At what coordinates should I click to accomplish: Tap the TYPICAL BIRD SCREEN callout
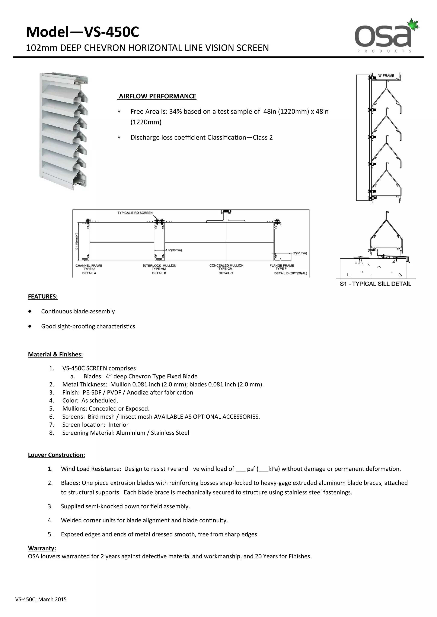(x=135, y=213)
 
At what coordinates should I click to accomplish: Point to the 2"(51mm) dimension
(x=300, y=253)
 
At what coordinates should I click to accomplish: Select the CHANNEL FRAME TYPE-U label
(x=89, y=267)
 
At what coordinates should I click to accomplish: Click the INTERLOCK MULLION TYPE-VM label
(x=159, y=267)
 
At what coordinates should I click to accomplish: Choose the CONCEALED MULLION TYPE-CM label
(x=226, y=267)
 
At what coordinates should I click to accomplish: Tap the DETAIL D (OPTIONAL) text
(x=290, y=273)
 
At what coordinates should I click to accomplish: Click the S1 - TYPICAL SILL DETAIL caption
(x=375, y=284)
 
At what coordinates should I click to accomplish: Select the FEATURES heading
(x=43, y=297)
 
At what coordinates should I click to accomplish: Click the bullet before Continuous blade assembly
(x=30, y=311)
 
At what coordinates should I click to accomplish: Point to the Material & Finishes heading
(x=55, y=355)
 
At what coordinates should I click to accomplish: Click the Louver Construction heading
(x=57, y=455)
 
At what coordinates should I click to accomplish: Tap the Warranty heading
(x=42, y=548)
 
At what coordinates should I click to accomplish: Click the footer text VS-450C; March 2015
(x=41, y=600)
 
